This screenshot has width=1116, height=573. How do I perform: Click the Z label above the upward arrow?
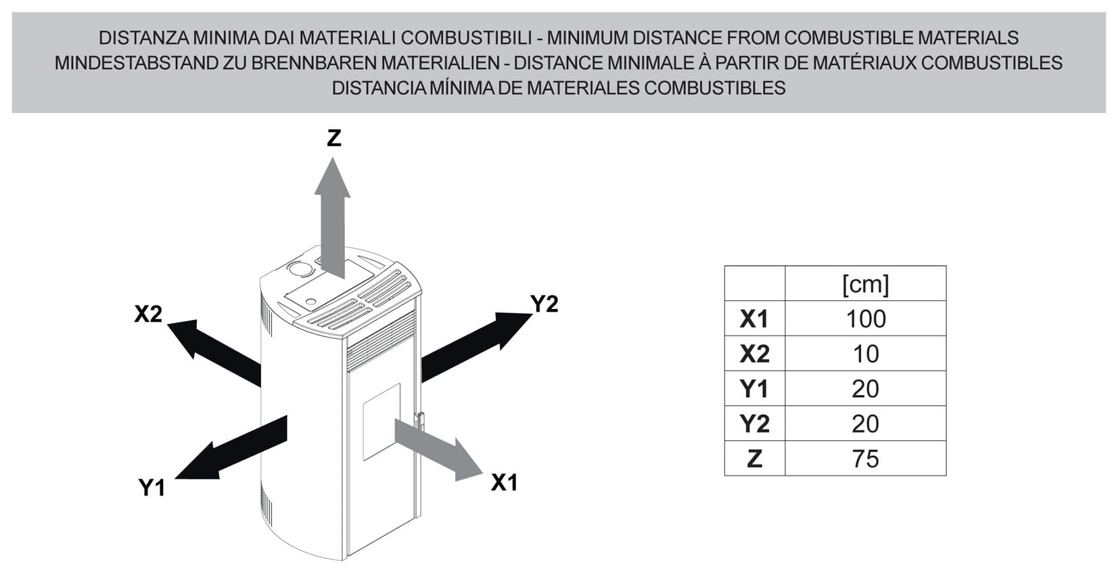click(x=334, y=138)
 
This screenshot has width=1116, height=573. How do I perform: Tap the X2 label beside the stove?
click(x=148, y=314)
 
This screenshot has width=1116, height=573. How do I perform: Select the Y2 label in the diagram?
click(x=544, y=304)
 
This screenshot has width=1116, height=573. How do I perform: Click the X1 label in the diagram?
click(x=504, y=482)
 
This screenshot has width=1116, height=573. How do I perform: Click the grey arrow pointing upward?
click(x=332, y=218)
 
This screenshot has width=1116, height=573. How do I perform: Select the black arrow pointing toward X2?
click(x=214, y=352)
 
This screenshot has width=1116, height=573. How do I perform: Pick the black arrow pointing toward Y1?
click(x=231, y=447)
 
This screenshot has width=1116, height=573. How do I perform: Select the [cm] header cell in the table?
click(x=865, y=284)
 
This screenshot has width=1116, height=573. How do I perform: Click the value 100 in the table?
click(x=866, y=319)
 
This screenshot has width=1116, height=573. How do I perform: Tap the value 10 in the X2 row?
click(x=866, y=354)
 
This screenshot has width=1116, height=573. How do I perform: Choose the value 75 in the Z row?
click(x=865, y=459)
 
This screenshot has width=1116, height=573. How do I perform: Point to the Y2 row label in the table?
click(x=754, y=424)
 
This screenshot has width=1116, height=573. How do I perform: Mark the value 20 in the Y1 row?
click(x=865, y=388)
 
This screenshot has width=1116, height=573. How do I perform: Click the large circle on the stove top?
click(x=301, y=269)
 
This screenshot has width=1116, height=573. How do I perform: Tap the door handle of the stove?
click(x=419, y=421)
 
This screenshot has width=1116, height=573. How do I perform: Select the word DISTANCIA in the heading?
click(x=379, y=88)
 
